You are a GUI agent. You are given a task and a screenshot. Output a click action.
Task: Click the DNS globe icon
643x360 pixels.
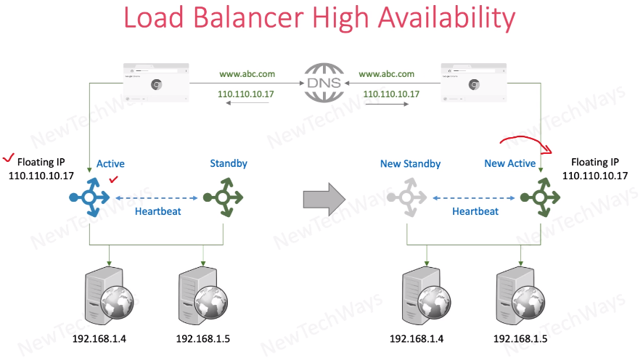(324, 82)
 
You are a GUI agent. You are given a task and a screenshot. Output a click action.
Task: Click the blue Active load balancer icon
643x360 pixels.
(90, 197)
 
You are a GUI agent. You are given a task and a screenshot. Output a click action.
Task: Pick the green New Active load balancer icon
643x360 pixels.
(540, 197)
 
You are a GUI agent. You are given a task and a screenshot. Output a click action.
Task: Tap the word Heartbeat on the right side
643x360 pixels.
(475, 211)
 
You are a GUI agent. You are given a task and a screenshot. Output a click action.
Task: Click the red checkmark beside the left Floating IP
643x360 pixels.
(9, 157)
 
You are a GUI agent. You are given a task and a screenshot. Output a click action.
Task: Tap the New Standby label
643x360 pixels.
(410, 164)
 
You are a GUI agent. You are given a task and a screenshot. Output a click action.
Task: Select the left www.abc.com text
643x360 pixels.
(247, 74)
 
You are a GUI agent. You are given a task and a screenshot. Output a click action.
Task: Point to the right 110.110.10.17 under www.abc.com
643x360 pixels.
(391, 94)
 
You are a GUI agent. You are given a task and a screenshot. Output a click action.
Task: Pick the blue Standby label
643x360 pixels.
(229, 163)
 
